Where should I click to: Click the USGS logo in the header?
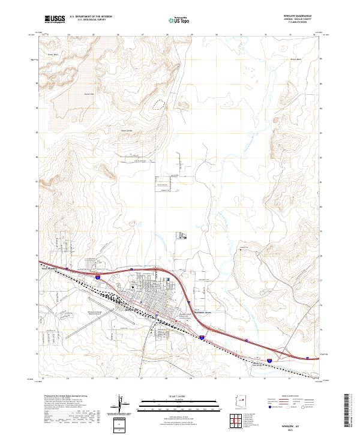pyautogui.click(x=55, y=19)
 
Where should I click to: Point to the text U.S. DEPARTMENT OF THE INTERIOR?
pyautogui.click(x=91, y=15)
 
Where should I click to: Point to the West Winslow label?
pyautogui.click(x=49, y=268)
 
